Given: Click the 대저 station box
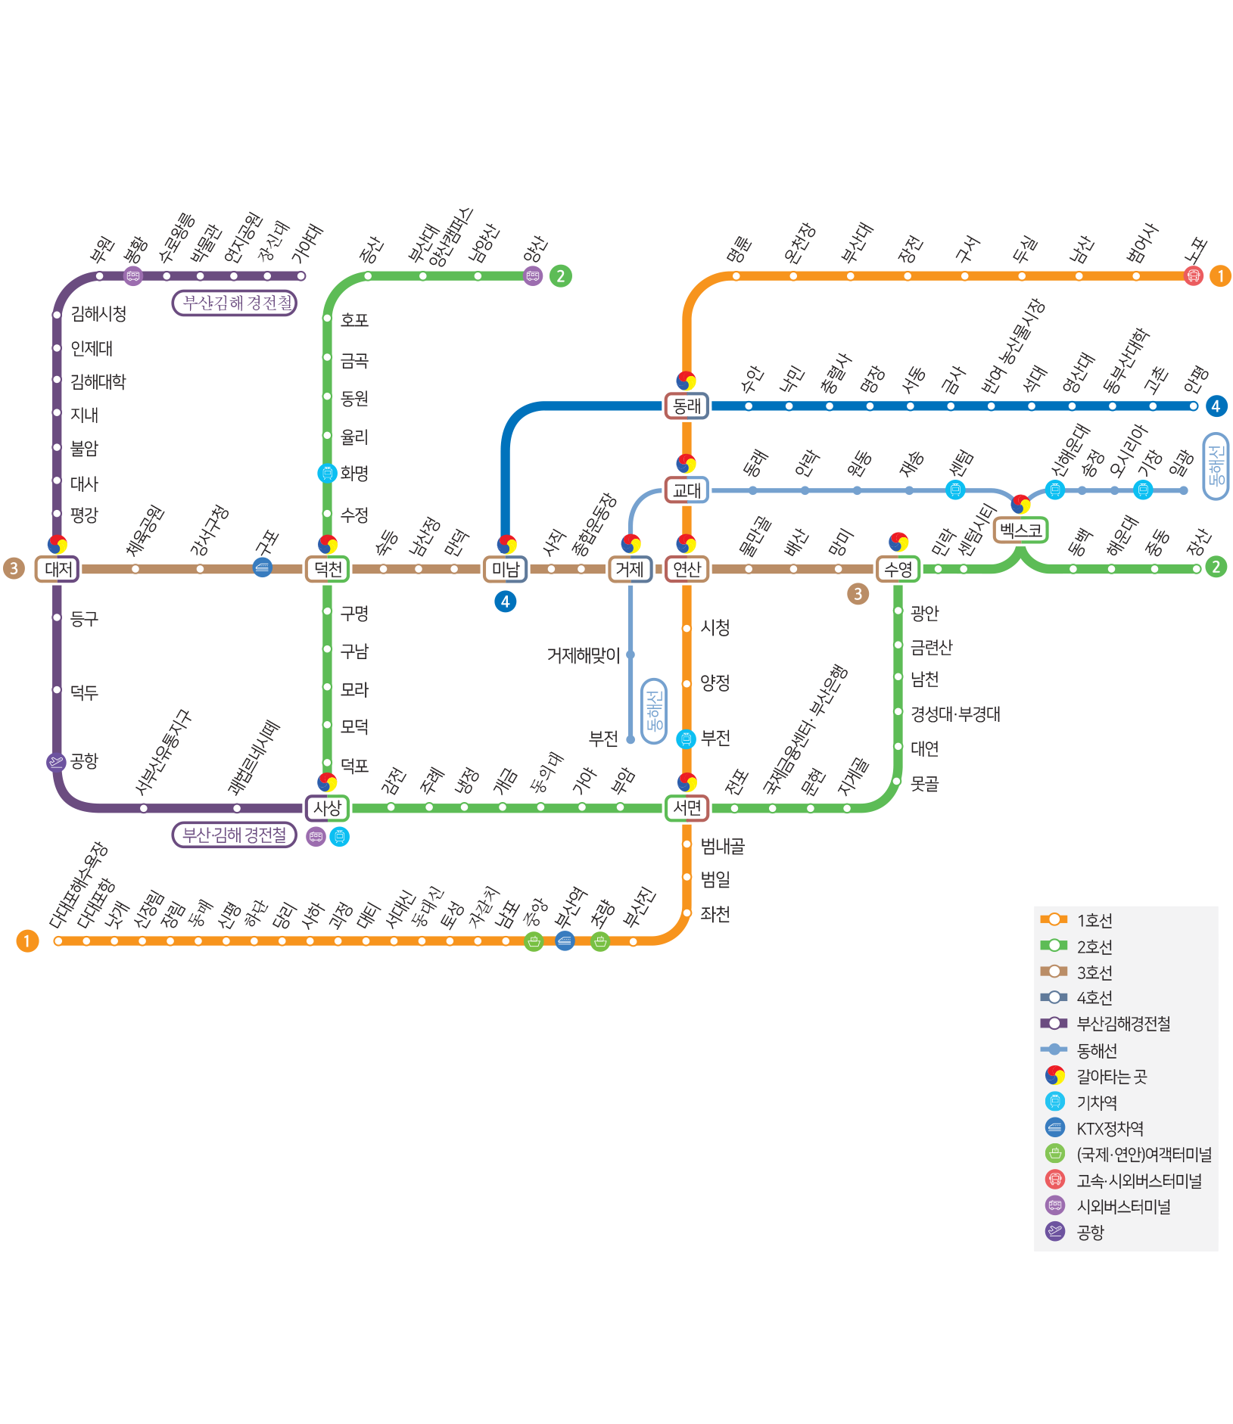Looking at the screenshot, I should tap(58, 569).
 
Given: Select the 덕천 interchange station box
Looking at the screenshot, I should tap(328, 569).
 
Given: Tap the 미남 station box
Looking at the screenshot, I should tap(505, 569).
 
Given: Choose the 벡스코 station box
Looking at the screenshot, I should tap(1020, 530).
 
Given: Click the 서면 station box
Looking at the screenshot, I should tap(687, 807).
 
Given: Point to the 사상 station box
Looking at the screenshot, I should tap(328, 807).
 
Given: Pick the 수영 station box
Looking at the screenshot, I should tap(898, 569).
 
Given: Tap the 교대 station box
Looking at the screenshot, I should tap(687, 490).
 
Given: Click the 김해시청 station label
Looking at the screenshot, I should tap(98, 314).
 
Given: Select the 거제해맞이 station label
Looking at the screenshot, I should tap(584, 655).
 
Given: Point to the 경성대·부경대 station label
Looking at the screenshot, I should tap(955, 714).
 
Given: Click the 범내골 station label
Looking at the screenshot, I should tap(723, 846).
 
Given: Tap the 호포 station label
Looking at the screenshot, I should tap(354, 320).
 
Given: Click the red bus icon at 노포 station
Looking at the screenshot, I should tap(1193, 275).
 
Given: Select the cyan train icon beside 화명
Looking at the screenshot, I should tap(327, 473).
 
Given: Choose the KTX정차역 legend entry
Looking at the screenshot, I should tap(1110, 1128).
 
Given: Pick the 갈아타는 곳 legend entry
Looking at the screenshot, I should tap(1111, 1076).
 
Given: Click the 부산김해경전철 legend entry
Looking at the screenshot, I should tap(1123, 1024).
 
